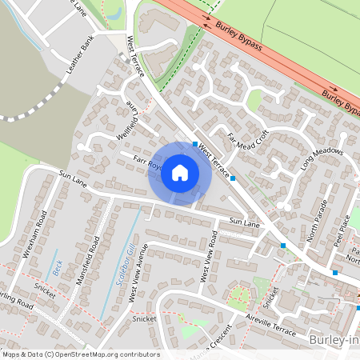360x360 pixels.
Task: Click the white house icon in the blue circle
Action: (x=180, y=173)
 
